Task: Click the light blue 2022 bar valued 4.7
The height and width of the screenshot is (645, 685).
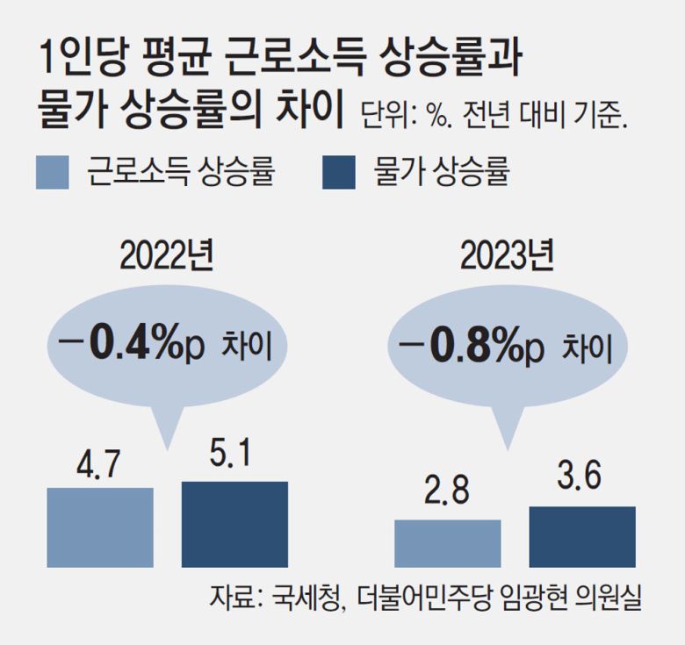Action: pyautogui.click(x=99, y=527)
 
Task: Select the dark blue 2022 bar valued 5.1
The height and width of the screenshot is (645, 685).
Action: pyautogui.click(x=234, y=524)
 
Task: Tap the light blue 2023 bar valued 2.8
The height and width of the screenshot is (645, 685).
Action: pyautogui.click(x=448, y=543)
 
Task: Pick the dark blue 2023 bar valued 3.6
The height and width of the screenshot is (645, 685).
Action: pyautogui.click(x=582, y=536)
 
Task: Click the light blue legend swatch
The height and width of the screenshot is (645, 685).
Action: pyautogui.click(x=53, y=173)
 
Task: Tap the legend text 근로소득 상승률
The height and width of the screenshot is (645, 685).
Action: pyautogui.click(x=181, y=173)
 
